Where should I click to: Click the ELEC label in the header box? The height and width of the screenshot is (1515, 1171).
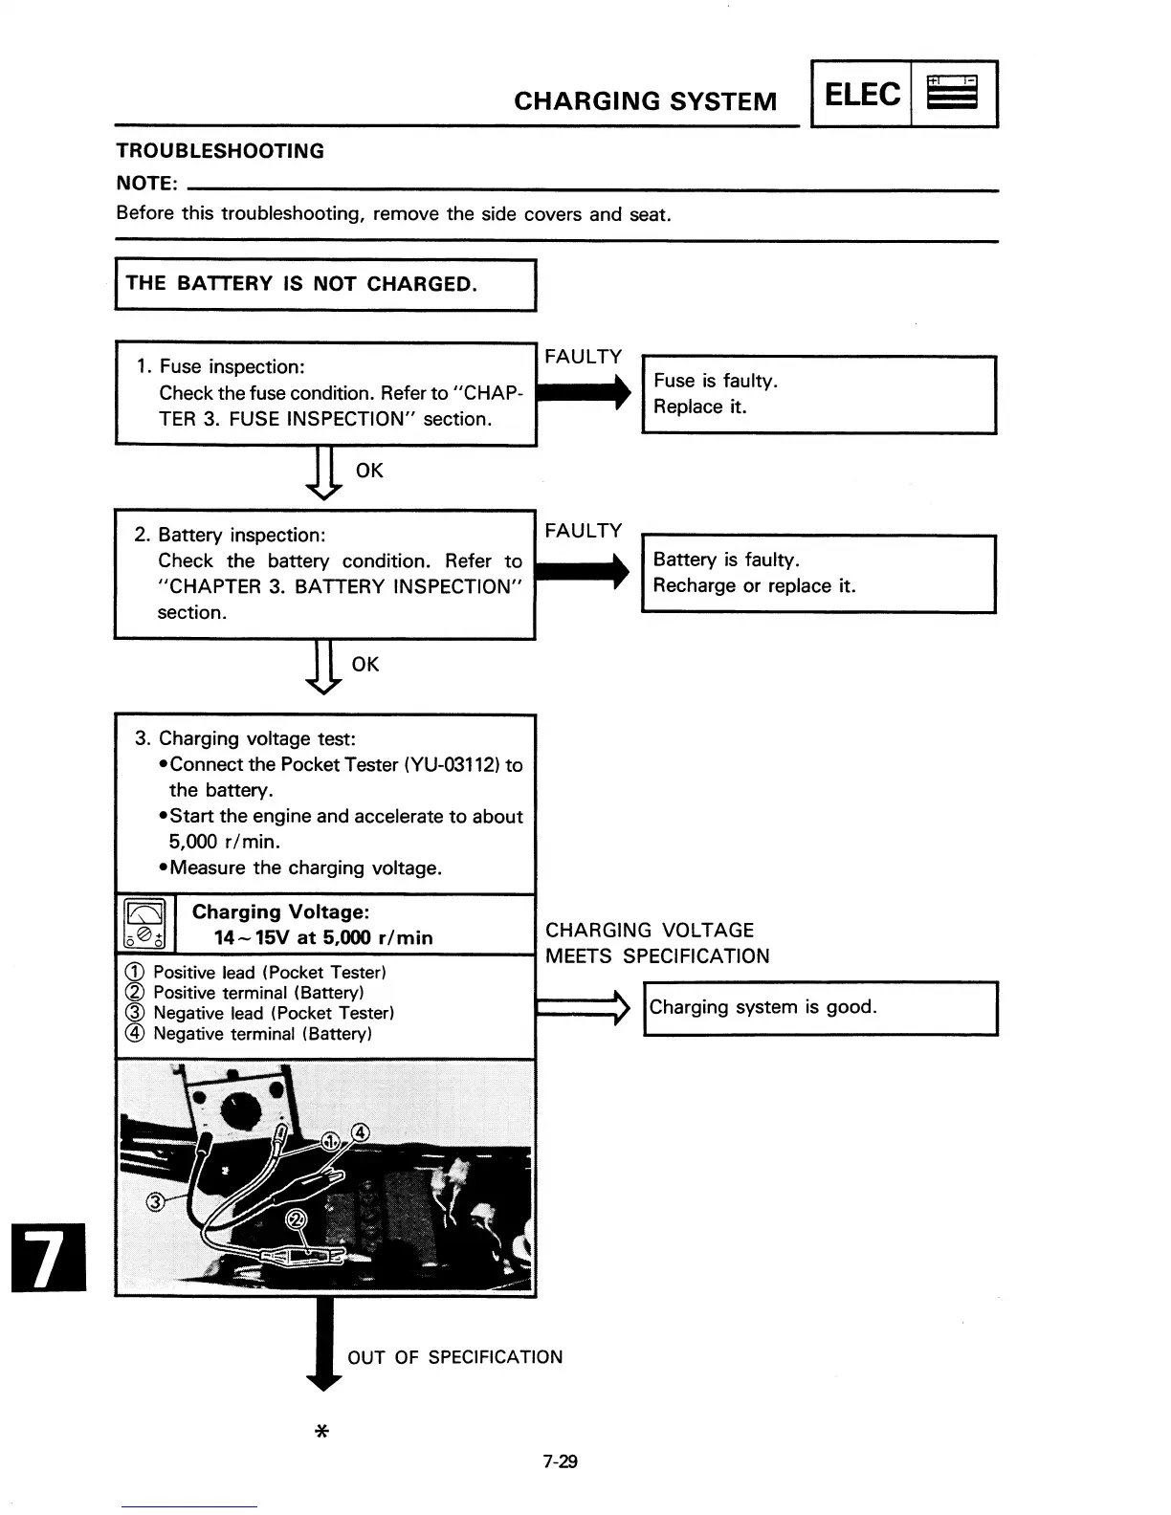(x=861, y=94)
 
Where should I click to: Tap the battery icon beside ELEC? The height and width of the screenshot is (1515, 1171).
(x=953, y=94)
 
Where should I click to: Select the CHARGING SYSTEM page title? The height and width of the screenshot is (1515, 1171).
(x=645, y=101)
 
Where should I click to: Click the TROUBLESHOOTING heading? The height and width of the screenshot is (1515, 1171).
(x=220, y=151)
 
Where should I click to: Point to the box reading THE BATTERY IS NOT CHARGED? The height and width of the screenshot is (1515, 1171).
(x=325, y=284)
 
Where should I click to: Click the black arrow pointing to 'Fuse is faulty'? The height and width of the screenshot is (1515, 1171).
(x=584, y=391)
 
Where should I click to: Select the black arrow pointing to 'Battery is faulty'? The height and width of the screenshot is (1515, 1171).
(x=582, y=571)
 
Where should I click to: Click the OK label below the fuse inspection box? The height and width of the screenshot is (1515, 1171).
(x=368, y=471)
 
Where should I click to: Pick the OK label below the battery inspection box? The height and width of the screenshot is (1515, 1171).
(x=365, y=664)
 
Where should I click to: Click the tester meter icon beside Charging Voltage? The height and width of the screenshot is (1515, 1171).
(x=144, y=924)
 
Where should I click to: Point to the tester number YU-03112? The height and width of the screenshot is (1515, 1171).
(x=453, y=765)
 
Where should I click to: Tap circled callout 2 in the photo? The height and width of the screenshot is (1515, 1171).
(x=297, y=1219)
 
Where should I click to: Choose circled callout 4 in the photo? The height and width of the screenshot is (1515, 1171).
(x=360, y=1133)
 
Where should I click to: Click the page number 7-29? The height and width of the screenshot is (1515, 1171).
(x=560, y=1461)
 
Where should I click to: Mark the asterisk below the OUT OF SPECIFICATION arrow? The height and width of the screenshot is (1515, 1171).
(x=321, y=1432)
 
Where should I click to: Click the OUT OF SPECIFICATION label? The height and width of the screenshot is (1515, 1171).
(x=454, y=1357)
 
